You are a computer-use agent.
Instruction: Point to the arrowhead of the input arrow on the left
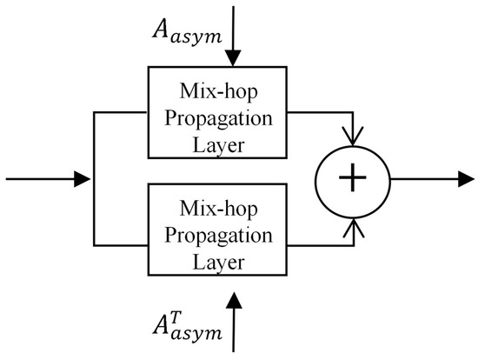point(83,180)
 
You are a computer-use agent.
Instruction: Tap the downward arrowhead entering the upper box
point(234,58)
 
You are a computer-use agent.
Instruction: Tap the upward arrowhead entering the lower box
point(234,299)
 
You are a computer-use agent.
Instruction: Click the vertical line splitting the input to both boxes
point(93,180)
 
